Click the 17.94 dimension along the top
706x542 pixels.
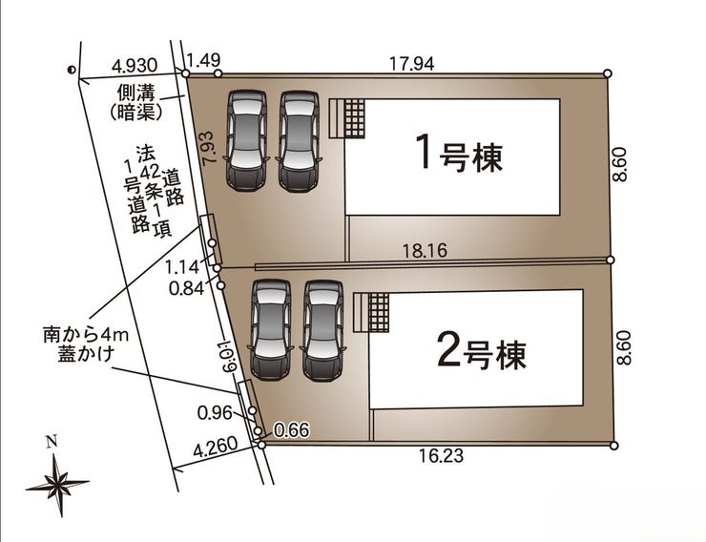click(x=411, y=64)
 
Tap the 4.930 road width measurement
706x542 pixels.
click(x=135, y=66)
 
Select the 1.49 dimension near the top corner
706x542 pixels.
click(x=203, y=60)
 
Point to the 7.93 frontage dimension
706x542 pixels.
click(x=211, y=148)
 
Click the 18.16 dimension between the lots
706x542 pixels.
click(x=425, y=251)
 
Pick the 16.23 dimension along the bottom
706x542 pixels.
click(x=441, y=456)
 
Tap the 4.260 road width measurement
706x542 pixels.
click(x=216, y=447)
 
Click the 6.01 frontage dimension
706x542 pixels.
click(x=230, y=355)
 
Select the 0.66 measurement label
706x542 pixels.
click(x=292, y=430)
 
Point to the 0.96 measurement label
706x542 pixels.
click(x=216, y=413)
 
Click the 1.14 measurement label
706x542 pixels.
click(x=182, y=267)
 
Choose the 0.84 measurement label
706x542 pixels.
click(x=186, y=288)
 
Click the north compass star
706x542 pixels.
click(x=57, y=485)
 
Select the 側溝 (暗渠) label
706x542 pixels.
click(x=136, y=103)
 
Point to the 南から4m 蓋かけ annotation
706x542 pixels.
click(x=86, y=344)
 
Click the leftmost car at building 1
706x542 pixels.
click(x=246, y=140)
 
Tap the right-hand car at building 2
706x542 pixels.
click(x=322, y=331)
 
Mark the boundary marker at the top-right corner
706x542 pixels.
click(x=607, y=73)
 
